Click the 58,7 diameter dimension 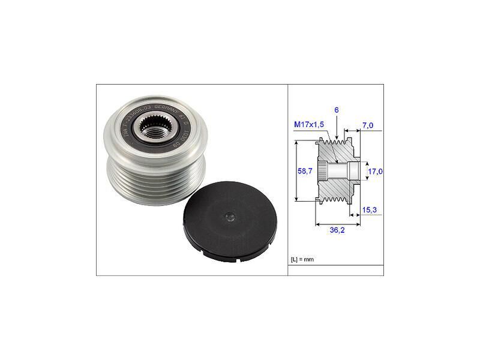(305, 171)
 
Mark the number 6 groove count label (337, 111)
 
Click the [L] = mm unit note (302, 259)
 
